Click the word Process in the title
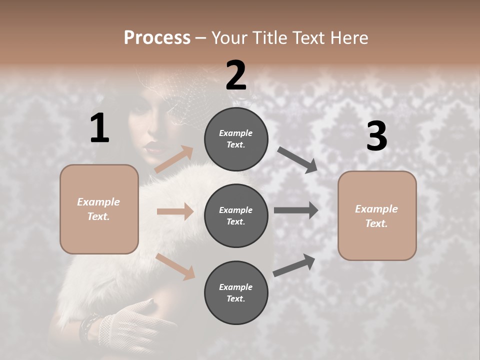pos(157,37)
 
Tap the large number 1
pos(99,128)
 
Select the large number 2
pos(236,75)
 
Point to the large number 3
pos(376,136)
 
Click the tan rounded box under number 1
pos(99,209)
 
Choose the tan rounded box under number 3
pos(377,215)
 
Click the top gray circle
pos(236,139)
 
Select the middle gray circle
pos(236,215)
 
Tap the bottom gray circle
pos(236,292)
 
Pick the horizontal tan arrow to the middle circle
pos(175,211)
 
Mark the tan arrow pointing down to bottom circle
pos(175,266)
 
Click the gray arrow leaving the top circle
pos(297,159)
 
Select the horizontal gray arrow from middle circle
pos(296,210)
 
